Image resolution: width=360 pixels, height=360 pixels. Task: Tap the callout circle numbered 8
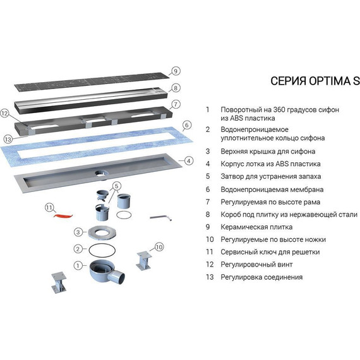click(176, 88)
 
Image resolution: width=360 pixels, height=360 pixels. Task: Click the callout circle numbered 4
click(188, 160)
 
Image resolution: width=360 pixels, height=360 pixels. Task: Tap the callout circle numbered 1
click(78, 266)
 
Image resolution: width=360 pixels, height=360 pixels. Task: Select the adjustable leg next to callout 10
click(145, 259)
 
